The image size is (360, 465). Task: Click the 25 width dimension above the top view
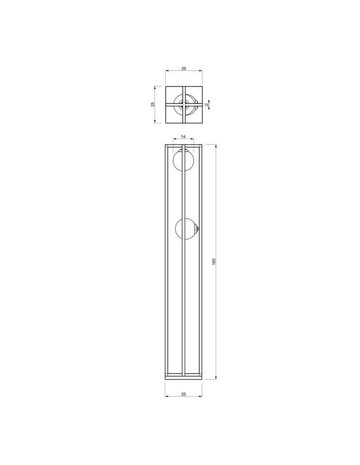pyautogui.click(x=184, y=68)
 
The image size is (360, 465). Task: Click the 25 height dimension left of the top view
pyautogui.click(x=153, y=104)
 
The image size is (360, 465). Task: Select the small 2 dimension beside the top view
pyautogui.click(x=207, y=105)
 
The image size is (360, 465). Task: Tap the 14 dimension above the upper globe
pyautogui.click(x=183, y=137)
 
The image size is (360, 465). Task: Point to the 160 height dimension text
pyautogui.click(x=214, y=262)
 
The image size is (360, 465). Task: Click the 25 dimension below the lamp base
pyautogui.click(x=184, y=394)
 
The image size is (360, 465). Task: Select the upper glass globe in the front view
pyautogui.click(x=183, y=161)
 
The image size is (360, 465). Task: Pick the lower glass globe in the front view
pyautogui.click(x=186, y=229)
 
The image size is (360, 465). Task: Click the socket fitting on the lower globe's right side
pyautogui.click(x=198, y=229)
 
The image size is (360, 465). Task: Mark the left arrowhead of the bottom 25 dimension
pyautogui.click(x=167, y=397)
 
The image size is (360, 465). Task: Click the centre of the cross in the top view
pyautogui.click(x=184, y=104)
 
